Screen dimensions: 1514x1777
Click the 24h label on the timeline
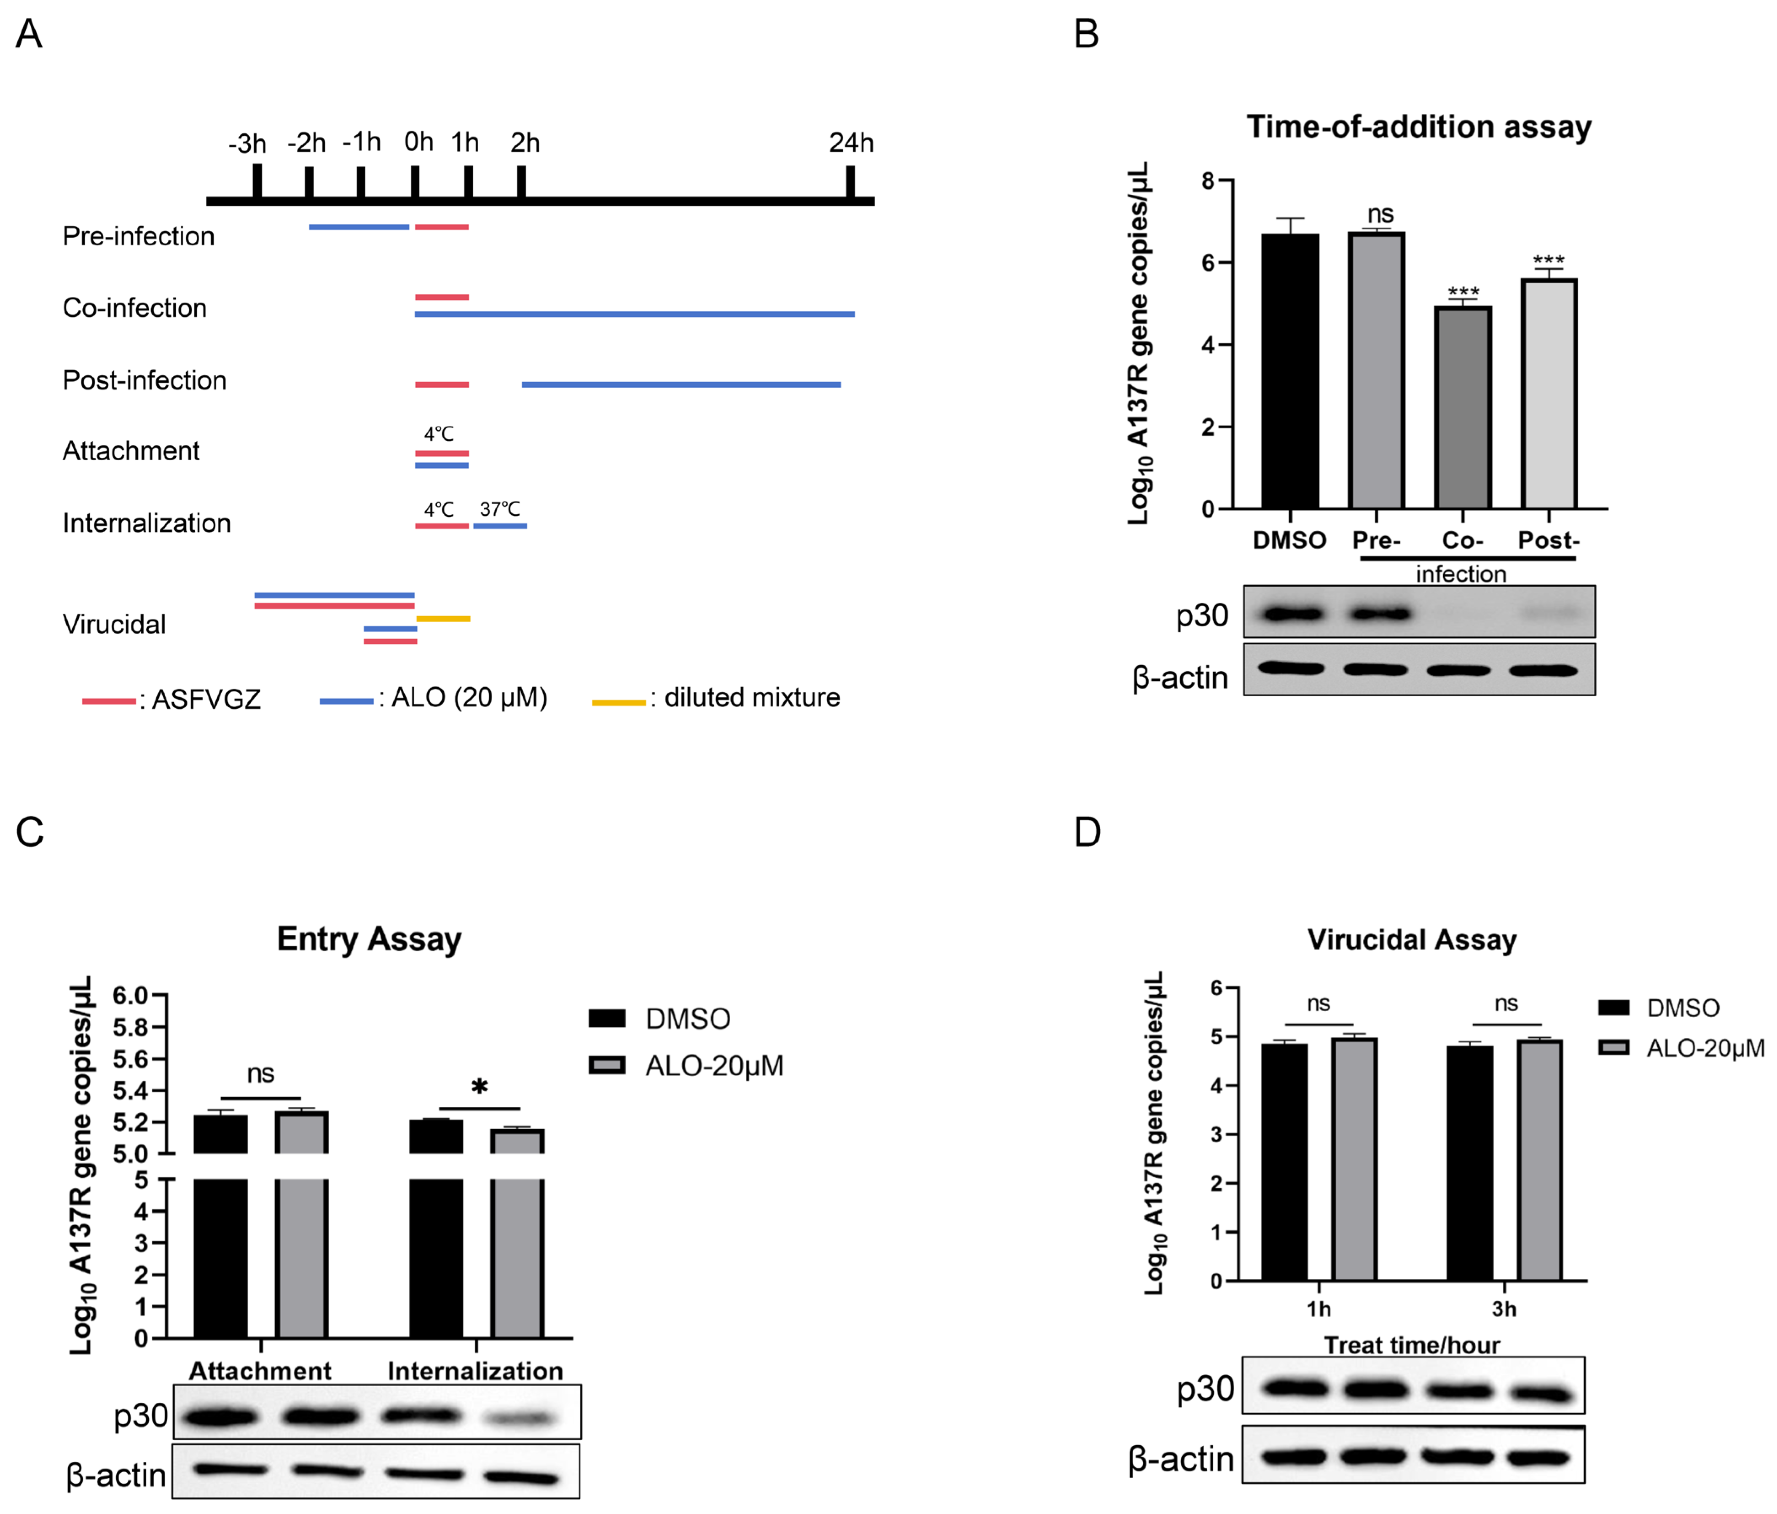851,142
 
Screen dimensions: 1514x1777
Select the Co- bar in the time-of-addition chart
1463,408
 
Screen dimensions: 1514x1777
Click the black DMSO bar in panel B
1290,370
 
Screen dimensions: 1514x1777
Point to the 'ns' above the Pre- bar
1380,214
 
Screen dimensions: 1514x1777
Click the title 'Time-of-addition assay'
1418,127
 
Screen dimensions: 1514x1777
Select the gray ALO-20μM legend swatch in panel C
606,1066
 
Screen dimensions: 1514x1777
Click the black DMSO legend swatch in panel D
1614,1007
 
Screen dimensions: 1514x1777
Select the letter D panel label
1088,832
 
